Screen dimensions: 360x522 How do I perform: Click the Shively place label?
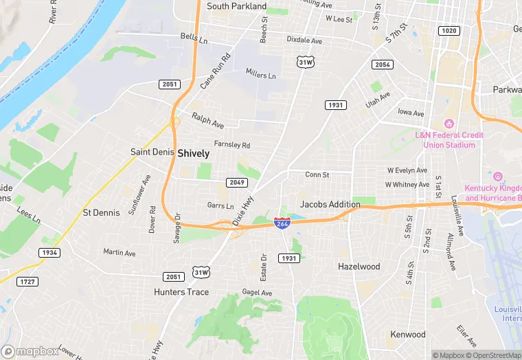click(194, 154)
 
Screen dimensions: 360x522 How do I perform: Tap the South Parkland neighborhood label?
click(236, 6)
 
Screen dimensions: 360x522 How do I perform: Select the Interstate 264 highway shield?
click(282, 223)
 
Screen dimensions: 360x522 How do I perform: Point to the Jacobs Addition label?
click(330, 204)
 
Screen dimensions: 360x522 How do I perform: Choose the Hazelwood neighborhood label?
click(359, 266)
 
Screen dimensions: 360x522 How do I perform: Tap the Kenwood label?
click(408, 335)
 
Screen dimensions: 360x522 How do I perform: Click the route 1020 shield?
click(449, 31)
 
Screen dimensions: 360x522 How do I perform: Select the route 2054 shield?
click(382, 64)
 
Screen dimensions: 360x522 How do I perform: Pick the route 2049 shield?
click(237, 182)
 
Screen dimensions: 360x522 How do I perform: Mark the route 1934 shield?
click(49, 253)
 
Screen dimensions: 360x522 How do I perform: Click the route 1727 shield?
click(27, 282)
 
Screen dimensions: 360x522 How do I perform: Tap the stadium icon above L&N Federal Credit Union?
click(449, 124)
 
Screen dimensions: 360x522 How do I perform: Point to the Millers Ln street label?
click(260, 75)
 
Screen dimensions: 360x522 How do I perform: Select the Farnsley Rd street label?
click(231, 145)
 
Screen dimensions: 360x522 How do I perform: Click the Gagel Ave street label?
click(257, 293)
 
